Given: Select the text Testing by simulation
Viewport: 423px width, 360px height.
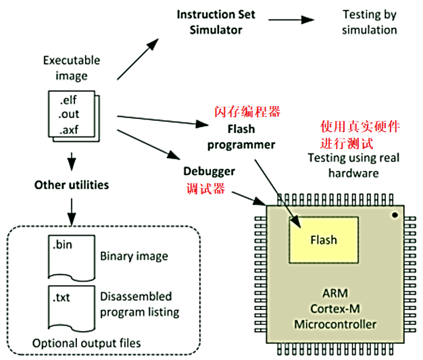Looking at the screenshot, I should (369, 22).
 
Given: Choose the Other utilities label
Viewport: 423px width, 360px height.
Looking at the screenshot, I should (72, 184).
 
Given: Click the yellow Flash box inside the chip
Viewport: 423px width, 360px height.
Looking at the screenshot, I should (323, 240).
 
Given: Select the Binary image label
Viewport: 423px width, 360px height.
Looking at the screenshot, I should (134, 257).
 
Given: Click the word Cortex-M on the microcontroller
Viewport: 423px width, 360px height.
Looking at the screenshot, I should (335, 310).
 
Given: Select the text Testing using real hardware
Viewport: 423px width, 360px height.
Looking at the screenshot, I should (353, 165).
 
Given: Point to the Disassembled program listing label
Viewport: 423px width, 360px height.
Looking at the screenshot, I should (139, 304).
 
